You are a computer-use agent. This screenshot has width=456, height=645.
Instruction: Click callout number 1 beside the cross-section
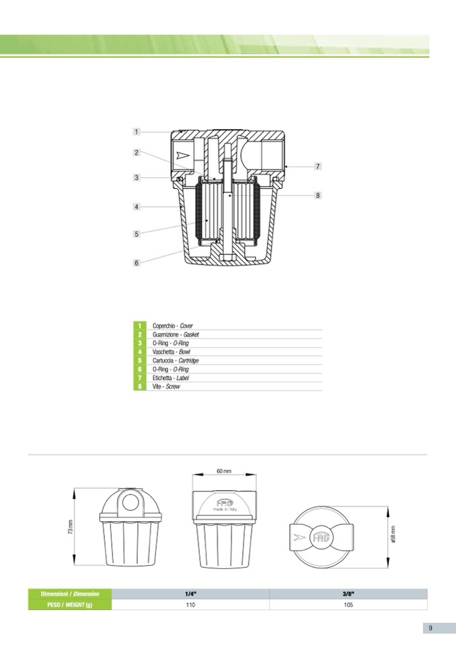point(137,132)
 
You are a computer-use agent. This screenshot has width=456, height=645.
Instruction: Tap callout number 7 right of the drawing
point(317,166)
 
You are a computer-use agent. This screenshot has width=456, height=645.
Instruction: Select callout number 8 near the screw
point(317,196)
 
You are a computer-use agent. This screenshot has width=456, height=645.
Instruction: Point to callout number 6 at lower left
point(137,263)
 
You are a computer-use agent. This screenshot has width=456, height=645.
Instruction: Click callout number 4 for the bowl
point(137,206)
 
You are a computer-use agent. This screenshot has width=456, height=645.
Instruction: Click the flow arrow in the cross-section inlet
point(180,155)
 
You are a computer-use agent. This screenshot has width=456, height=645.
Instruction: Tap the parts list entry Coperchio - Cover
point(172,326)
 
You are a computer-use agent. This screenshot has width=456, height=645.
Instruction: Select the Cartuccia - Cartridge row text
point(176,361)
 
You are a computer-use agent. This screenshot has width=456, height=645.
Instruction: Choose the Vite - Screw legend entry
point(166,387)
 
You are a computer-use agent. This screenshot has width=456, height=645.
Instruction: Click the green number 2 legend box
point(140,334)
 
